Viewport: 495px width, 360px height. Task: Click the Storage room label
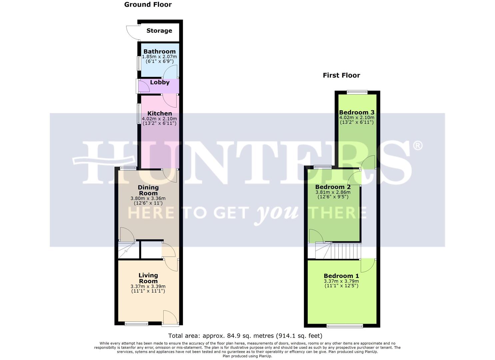(x=159, y=31)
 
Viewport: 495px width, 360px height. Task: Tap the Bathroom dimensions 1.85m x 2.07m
(x=159, y=57)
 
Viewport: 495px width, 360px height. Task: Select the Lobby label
(x=160, y=82)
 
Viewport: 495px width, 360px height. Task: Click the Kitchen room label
(x=160, y=114)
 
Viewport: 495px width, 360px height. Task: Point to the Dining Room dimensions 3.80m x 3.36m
(x=148, y=198)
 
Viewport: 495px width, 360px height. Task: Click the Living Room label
(x=148, y=278)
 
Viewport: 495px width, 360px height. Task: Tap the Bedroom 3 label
(x=357, y=113)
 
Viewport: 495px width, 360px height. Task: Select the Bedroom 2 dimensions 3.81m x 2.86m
(x=333, y=192)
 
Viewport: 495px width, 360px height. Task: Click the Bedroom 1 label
(x=341, y=276)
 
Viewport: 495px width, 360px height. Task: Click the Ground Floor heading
(x=148, y=5)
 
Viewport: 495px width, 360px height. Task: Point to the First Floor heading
(x=341, y=75)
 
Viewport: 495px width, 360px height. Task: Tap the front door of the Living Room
(x=171, y=317)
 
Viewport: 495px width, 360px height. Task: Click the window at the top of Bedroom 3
(x=357, y=92)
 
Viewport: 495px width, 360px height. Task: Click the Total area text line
(x=245, y=336)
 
